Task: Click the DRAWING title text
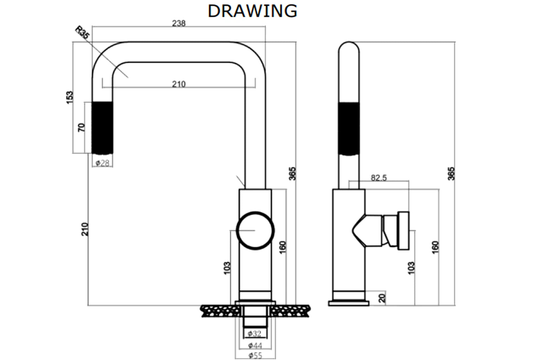point(252,11)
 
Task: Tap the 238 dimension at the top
point(179,24)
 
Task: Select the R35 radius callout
point(82,33)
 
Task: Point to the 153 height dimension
point(69,97)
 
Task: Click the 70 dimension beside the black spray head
point(82,127)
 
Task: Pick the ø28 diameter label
point(102,163)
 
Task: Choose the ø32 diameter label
point(255,334)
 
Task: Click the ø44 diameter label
point(255,346)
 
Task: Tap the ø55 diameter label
point(255,356)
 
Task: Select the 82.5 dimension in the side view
point(379,178)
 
